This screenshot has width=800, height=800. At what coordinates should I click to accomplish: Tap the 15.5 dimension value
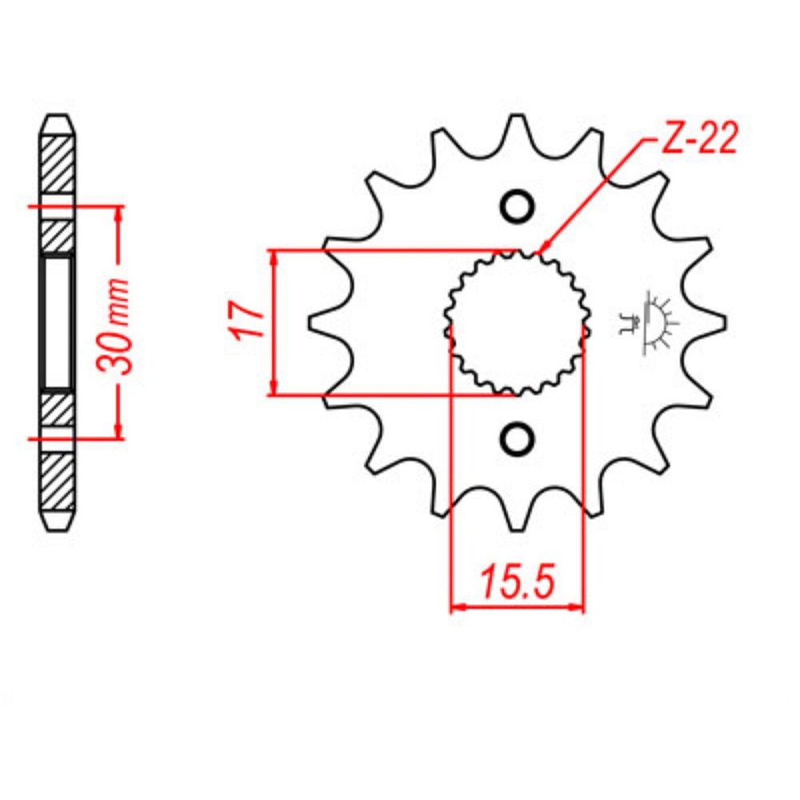pos(516,581)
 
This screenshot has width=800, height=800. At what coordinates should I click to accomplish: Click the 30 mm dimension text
pos(114,326)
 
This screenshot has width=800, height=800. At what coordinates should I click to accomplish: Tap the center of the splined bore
pos(518,323)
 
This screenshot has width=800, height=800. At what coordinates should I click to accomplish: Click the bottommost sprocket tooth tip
pos(517,530)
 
